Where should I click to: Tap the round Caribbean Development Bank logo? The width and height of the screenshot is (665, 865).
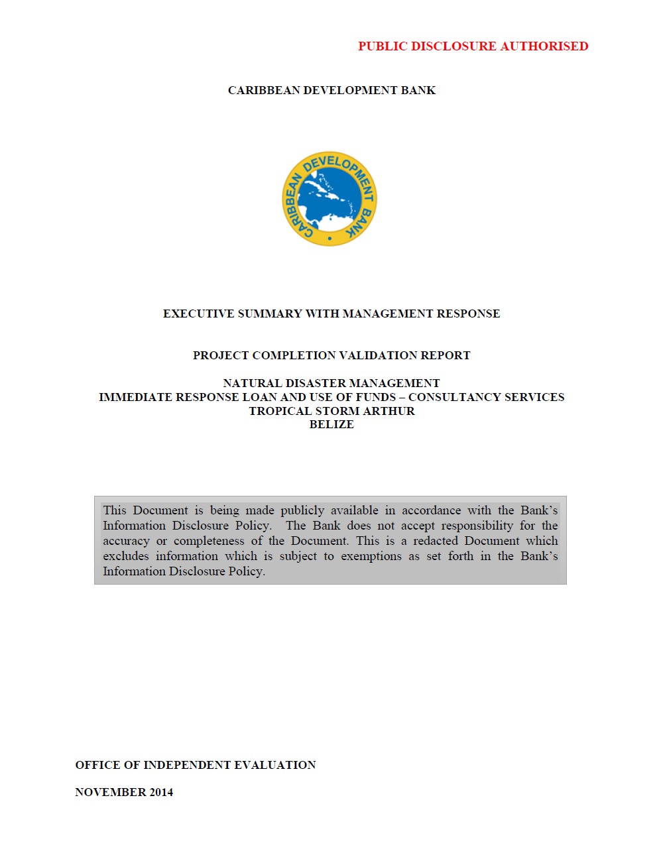(x=330, y=199)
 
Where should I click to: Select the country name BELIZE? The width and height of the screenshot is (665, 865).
(x=332, y=425)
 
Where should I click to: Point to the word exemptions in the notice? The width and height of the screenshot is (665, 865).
(x=371, y=556)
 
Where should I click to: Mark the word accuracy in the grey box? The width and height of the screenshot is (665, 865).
(x=126, y=541)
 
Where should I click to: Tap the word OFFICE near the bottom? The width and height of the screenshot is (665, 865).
(x=97, y=765)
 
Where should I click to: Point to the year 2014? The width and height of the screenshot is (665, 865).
(x=161, y=792)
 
